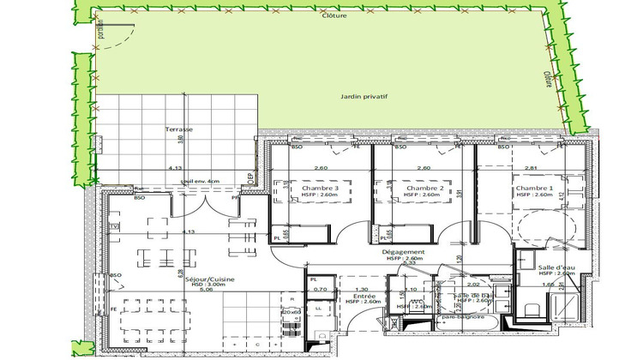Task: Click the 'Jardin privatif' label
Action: point(364,98)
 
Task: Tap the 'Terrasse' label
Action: point(179,129)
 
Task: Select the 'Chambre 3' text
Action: point(308,188)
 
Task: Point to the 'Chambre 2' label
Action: point(424,188)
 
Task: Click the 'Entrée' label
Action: point(352,294)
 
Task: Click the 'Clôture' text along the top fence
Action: point(334,16)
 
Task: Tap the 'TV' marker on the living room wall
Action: point(114,226)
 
